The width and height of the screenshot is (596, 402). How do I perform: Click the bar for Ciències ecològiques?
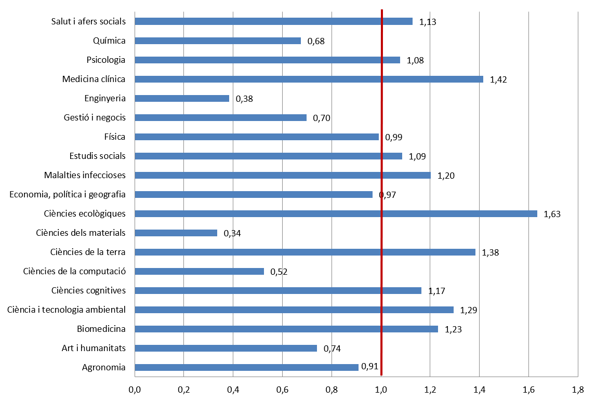pos(336,213)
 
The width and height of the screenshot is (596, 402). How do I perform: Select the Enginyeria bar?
pos(182,98)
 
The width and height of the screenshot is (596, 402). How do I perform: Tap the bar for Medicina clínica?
pos(309,79)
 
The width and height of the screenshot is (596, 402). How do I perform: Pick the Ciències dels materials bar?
pos(176,233)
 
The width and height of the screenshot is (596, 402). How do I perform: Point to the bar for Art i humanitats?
pos(226,348)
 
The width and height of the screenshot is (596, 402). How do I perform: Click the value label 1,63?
pos(552,214)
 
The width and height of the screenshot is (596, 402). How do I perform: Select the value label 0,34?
pos(232,233)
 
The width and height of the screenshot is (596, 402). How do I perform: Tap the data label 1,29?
pos(469,310)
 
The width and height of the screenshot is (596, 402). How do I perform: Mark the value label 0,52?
pos(279,272)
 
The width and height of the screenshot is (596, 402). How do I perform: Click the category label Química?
pos(109,41)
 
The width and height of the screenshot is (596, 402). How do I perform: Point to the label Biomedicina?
pos(101,329)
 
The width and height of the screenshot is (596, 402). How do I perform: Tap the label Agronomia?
pos(104,367)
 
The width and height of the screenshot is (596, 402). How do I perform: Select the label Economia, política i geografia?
pos(68,194)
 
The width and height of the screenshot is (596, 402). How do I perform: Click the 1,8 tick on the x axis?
pos(577,388)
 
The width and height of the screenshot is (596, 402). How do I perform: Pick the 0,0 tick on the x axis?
pos(135,388)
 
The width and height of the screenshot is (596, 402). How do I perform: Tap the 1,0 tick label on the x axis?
pos(381,388)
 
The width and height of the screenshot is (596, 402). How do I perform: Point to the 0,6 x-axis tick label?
pos(282,388)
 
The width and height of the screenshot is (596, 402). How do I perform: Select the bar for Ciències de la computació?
pos(199,271)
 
